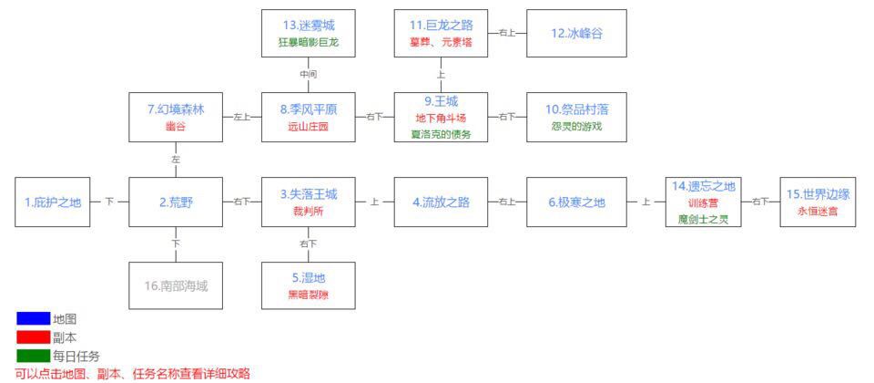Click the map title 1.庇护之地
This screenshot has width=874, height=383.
52,202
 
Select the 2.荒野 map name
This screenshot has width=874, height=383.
175,202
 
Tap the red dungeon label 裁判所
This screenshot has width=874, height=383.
308,211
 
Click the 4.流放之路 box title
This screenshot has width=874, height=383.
441,202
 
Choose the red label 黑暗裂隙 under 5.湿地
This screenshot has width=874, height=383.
308,295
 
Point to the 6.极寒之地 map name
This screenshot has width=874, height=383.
576,202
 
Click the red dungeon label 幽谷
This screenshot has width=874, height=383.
175,126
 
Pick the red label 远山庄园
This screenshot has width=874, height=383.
308,126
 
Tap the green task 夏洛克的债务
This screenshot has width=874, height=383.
441,134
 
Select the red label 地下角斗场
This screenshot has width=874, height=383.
441,118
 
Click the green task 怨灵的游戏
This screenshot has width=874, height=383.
576,126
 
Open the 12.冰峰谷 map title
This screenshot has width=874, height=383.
576,33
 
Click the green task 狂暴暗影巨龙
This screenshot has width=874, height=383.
308,42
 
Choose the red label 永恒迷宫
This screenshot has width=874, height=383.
818,211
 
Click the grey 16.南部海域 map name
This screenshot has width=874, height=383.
175,285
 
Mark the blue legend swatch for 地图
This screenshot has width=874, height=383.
33,319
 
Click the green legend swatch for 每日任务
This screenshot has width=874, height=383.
33,356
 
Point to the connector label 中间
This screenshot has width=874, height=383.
308,74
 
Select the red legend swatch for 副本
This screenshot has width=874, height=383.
33,337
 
